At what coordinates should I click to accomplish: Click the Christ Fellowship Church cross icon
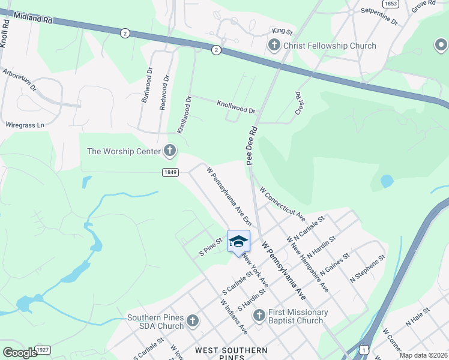[x=274, y=46]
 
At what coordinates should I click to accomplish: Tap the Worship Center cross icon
[x=170, y=151]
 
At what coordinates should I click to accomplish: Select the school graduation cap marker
[x=238, y=241]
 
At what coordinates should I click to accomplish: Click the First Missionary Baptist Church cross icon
[x=259, y=316]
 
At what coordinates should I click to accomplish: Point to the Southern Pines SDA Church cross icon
[x=192, y=321]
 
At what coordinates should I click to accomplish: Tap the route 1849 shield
[x=170, y=172]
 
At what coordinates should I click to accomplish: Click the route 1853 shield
[x=391, y=4]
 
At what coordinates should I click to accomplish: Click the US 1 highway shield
[x=364, y=349]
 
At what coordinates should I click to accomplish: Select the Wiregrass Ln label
[x=25, y=125]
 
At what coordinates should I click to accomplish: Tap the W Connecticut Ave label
[x=282, y=203]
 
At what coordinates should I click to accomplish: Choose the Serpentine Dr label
[x=379, y=16]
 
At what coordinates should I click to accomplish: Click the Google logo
[x=20, y=353]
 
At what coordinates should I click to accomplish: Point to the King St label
[x=282, y=31]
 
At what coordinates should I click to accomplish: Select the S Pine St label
[x=211, y=247]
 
